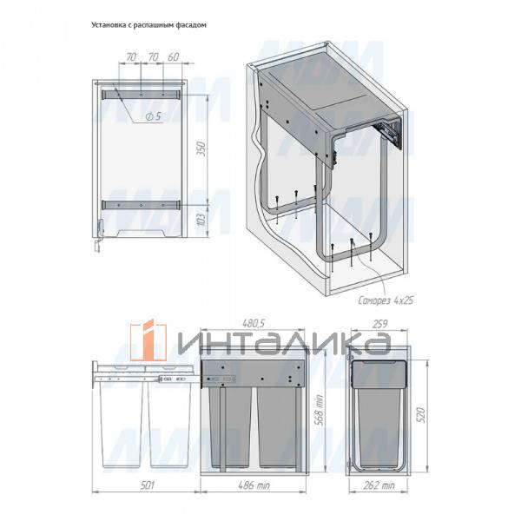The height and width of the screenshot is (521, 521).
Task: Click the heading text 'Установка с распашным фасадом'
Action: (x=148, y=25)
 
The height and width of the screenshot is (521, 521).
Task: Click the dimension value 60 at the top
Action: (x=173, y=56)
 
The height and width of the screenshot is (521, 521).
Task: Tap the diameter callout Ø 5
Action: (x=154, y=116)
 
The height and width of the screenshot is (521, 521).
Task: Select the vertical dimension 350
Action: (x=201, y=148)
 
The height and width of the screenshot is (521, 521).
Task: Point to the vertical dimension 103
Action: (x=201, y=219)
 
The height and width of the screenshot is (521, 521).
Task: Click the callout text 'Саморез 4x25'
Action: (x=386, y=300)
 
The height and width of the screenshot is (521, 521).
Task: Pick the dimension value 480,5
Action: (x=254, y=323)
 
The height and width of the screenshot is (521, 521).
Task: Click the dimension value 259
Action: (x=379, y=324)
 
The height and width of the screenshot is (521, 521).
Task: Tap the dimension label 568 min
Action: (x=320, y=411)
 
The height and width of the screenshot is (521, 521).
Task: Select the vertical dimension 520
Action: (x=420, y=414)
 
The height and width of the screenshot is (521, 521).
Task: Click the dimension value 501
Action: (x=148, y=485)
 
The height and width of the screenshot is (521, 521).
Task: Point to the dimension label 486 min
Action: (x=254, y=485)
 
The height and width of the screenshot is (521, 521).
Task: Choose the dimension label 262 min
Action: (x=379, y=485)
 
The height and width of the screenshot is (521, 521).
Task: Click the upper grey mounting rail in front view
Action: (x=142, y=94)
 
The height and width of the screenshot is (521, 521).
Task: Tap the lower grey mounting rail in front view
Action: (x=142, y=205)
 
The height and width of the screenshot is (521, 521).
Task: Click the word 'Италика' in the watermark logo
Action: (x=285, y=341)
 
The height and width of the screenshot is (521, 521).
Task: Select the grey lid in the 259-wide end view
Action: (x=379, y=374)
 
